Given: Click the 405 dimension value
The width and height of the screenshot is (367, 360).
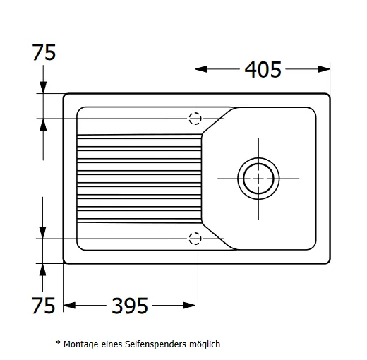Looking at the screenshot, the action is [x=263, y=70].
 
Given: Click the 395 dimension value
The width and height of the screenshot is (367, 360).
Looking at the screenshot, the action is [x=130, y=306].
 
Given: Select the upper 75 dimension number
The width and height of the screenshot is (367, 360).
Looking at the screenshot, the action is [x=44, y=52].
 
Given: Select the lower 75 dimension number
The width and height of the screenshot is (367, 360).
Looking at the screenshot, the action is [x=44, y=306].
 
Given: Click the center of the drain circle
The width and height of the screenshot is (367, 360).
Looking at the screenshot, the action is [x=258, y=179].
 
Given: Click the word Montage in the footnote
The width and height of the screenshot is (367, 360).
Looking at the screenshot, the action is [x=81, y=344].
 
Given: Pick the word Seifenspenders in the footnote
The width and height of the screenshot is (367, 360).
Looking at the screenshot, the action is [x=155, y=344].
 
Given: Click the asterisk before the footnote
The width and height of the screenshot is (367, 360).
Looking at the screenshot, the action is [x=58, y=342].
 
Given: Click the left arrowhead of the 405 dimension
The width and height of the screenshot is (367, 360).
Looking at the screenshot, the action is [x=201, y=69].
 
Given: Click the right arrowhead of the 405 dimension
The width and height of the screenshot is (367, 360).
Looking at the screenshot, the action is [x=324, y=69].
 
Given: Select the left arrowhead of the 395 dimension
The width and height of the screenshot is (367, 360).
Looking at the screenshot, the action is [x=69, y=306].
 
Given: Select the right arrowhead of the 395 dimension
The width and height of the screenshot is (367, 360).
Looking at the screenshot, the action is [x=189, y=306].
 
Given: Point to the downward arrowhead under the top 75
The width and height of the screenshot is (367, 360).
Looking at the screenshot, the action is [x=43, y=88].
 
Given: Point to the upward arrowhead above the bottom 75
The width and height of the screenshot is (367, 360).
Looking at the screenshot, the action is [x=42, y=270].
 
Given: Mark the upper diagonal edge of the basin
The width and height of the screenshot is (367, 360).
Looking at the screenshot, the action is [x=218, y=121].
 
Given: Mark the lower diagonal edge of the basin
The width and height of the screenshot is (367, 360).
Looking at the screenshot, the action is [x=218, y=236].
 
